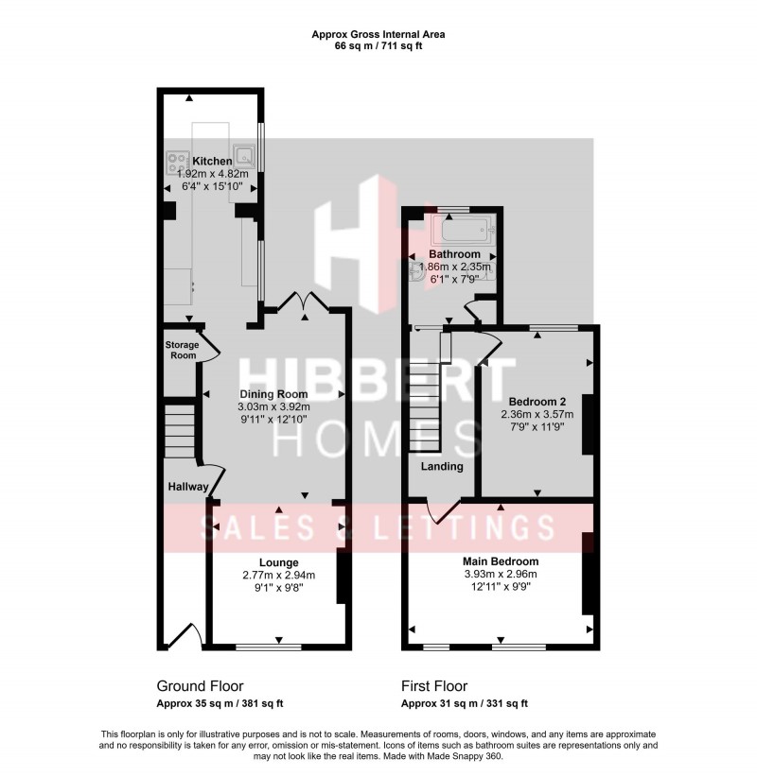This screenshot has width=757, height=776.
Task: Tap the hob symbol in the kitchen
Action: click(177, 163)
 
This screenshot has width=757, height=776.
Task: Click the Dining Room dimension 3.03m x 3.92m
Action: click(273, 407)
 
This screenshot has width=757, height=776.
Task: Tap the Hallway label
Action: click(187, 486)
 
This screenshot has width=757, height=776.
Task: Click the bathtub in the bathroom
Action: click(459, 229)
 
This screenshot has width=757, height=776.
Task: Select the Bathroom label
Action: click(454, 254)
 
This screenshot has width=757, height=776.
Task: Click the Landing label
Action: click(442, 466)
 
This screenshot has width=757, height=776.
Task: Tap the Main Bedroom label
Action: click(501, 560)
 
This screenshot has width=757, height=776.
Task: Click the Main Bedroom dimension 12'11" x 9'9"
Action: click(501, 586)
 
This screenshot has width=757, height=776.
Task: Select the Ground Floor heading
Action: click(200, 686)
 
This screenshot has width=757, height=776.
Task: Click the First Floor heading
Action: click(434, 686)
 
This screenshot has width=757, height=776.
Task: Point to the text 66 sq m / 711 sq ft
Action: click(378, 45)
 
